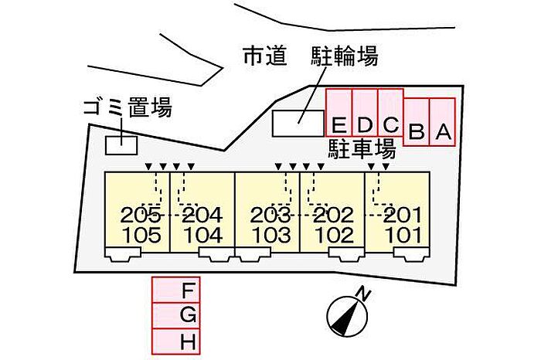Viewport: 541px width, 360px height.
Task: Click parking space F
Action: pos(176,290)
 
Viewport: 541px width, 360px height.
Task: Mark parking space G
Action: pos(176,315)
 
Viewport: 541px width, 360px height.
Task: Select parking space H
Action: pos(176,340)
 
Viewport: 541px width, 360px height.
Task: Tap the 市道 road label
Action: pos(264,56)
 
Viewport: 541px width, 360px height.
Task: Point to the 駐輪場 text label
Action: pos(345,56)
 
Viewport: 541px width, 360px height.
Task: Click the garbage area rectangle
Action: pos(121,144)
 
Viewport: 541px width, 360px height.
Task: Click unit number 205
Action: pos(141,216)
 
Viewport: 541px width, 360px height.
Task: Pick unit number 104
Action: pos(203,235)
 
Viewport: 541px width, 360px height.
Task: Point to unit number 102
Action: pos(334,235)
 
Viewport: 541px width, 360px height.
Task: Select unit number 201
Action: pos(402,216)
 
